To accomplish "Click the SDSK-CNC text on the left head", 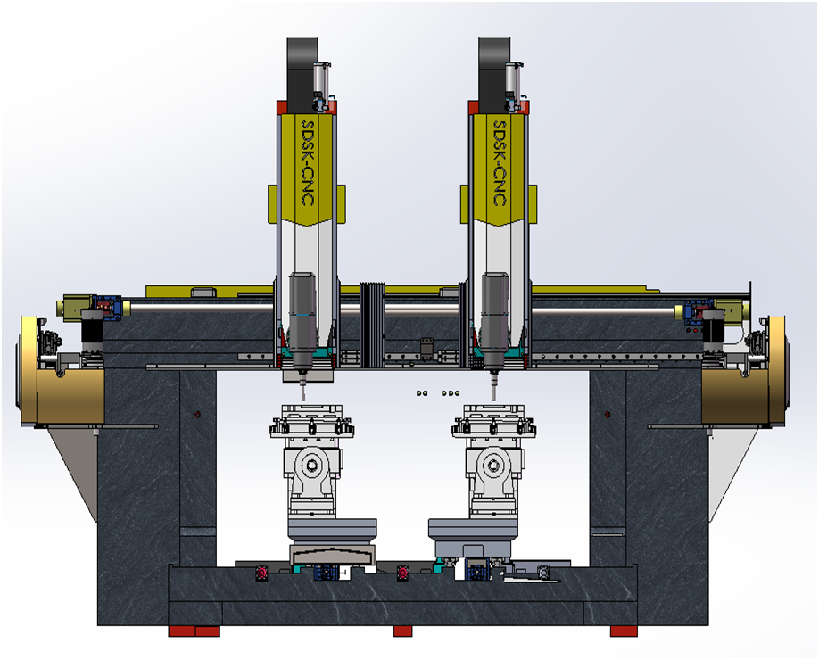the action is click(x=308, y=163).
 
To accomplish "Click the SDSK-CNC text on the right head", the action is click(x=500, y=163).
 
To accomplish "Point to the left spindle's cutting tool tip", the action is click(x=303, y=400).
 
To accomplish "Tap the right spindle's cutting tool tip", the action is click(x=493, y=400).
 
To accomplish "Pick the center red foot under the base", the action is click(x=402, y=631).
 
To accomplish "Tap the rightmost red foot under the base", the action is click(x=624, y=631).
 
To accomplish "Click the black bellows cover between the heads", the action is click(x=372, y=325).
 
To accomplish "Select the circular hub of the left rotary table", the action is click(x=312, y=465).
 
